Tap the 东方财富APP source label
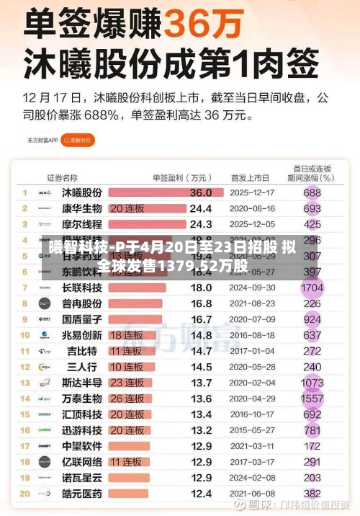[43, 141]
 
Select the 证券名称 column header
[63, 177]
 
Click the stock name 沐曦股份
[81, 193]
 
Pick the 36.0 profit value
[200, 193]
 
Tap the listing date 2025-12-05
[252, 225]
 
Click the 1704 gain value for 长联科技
[312, 288]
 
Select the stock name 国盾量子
[81, 319]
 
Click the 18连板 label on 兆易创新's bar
[127, 335]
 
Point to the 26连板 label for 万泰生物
[127, 399]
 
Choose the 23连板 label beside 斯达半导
[127, 383]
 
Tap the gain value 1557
[312, 399]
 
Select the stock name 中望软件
[81, 446]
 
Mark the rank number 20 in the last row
[24, 494]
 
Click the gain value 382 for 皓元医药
[312, 494]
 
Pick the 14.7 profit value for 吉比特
[200, 351]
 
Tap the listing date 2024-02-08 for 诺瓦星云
[252, 478]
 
